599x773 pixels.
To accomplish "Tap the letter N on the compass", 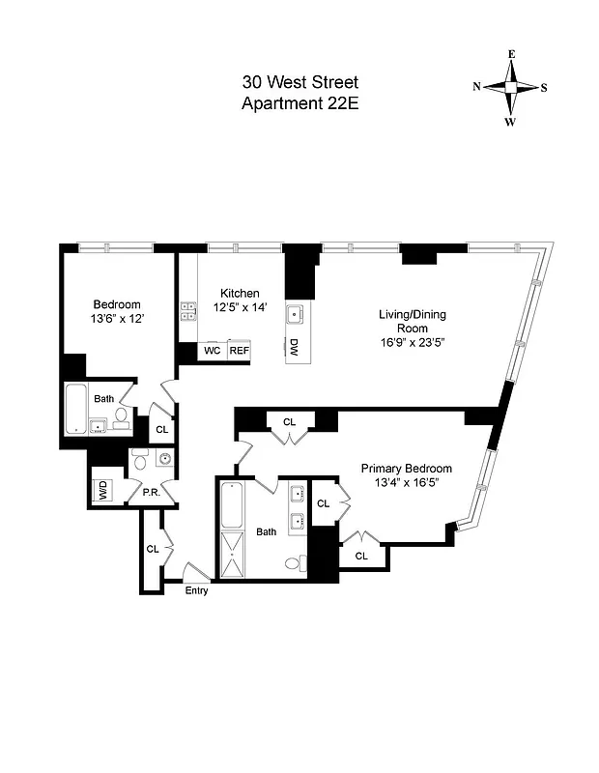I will tap(477, 87).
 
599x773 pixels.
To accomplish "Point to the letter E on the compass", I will tap(511, 54).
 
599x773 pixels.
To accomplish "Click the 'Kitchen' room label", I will tap(240, 294).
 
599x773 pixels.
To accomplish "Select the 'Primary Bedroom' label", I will tap(407, 469).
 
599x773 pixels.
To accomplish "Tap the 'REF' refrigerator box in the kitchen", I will tap(239, 351).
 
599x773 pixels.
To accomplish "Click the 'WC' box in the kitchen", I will tap(212, 351).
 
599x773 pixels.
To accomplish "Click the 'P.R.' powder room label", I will tap(151, 492).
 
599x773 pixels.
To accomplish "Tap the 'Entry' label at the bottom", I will tap(196, 590).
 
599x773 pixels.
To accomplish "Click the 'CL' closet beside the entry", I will tap(153, 548).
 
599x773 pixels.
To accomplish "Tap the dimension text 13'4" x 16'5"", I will tap(407, 486).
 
